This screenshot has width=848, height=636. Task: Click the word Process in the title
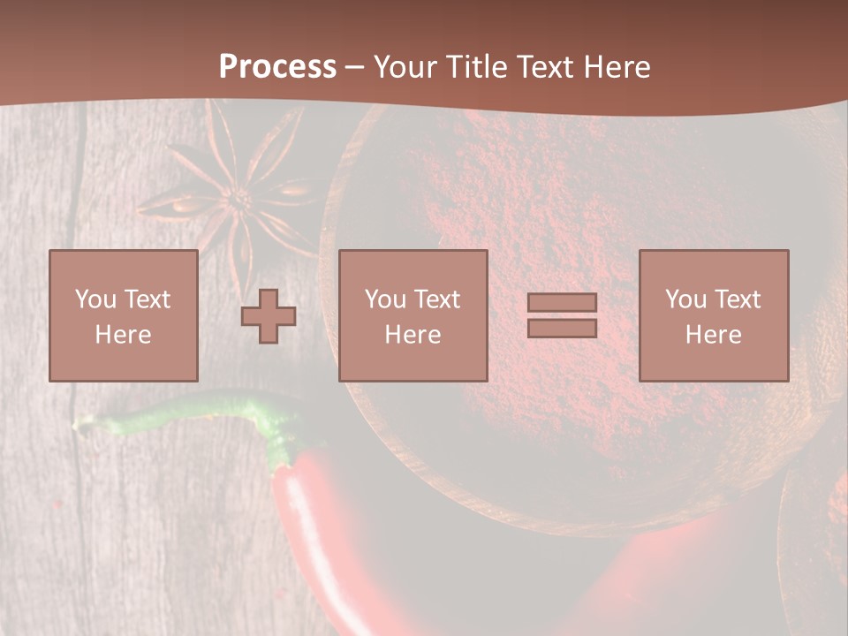click(277, 67)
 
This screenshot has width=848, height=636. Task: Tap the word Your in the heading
click(406, 67)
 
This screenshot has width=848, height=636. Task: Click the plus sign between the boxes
click(269, 316)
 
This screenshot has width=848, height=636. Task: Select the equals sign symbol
click(562, 315)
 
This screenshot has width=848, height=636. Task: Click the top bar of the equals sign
click(562, 303)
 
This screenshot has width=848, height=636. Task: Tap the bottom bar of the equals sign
click(562, 328)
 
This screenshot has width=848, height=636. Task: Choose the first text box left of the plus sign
click(123, 315)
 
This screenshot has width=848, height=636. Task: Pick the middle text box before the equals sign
click(413, 315)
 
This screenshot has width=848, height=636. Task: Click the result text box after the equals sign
click(713, 315)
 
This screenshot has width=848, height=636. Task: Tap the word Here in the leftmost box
click(123, 335)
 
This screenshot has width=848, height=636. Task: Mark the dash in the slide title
click(355, 67)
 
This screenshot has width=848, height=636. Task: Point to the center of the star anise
click(237, 200)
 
